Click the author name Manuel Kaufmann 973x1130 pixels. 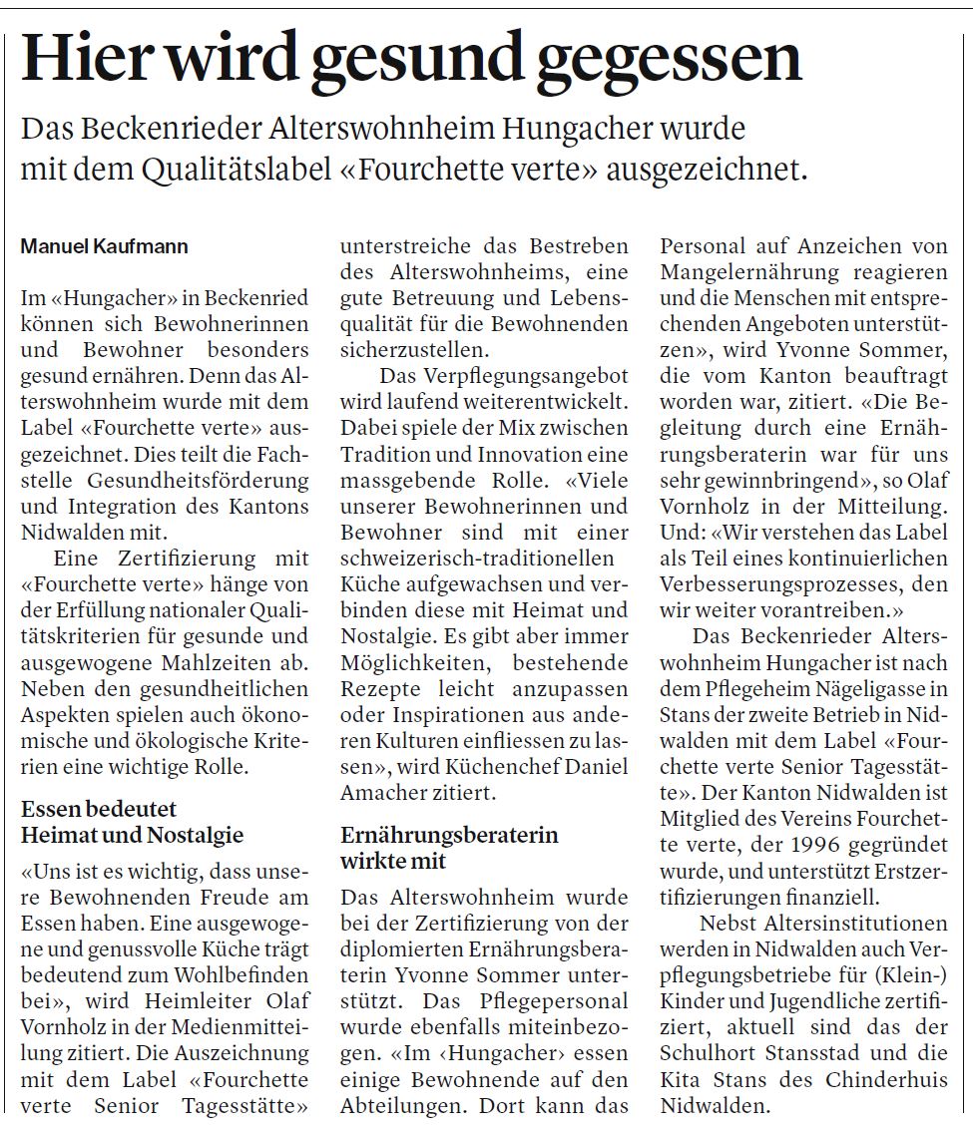pos(105,246)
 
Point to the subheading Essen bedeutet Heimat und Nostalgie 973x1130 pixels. pos(133,823)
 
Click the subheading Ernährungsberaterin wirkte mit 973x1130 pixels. pos(449,848)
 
